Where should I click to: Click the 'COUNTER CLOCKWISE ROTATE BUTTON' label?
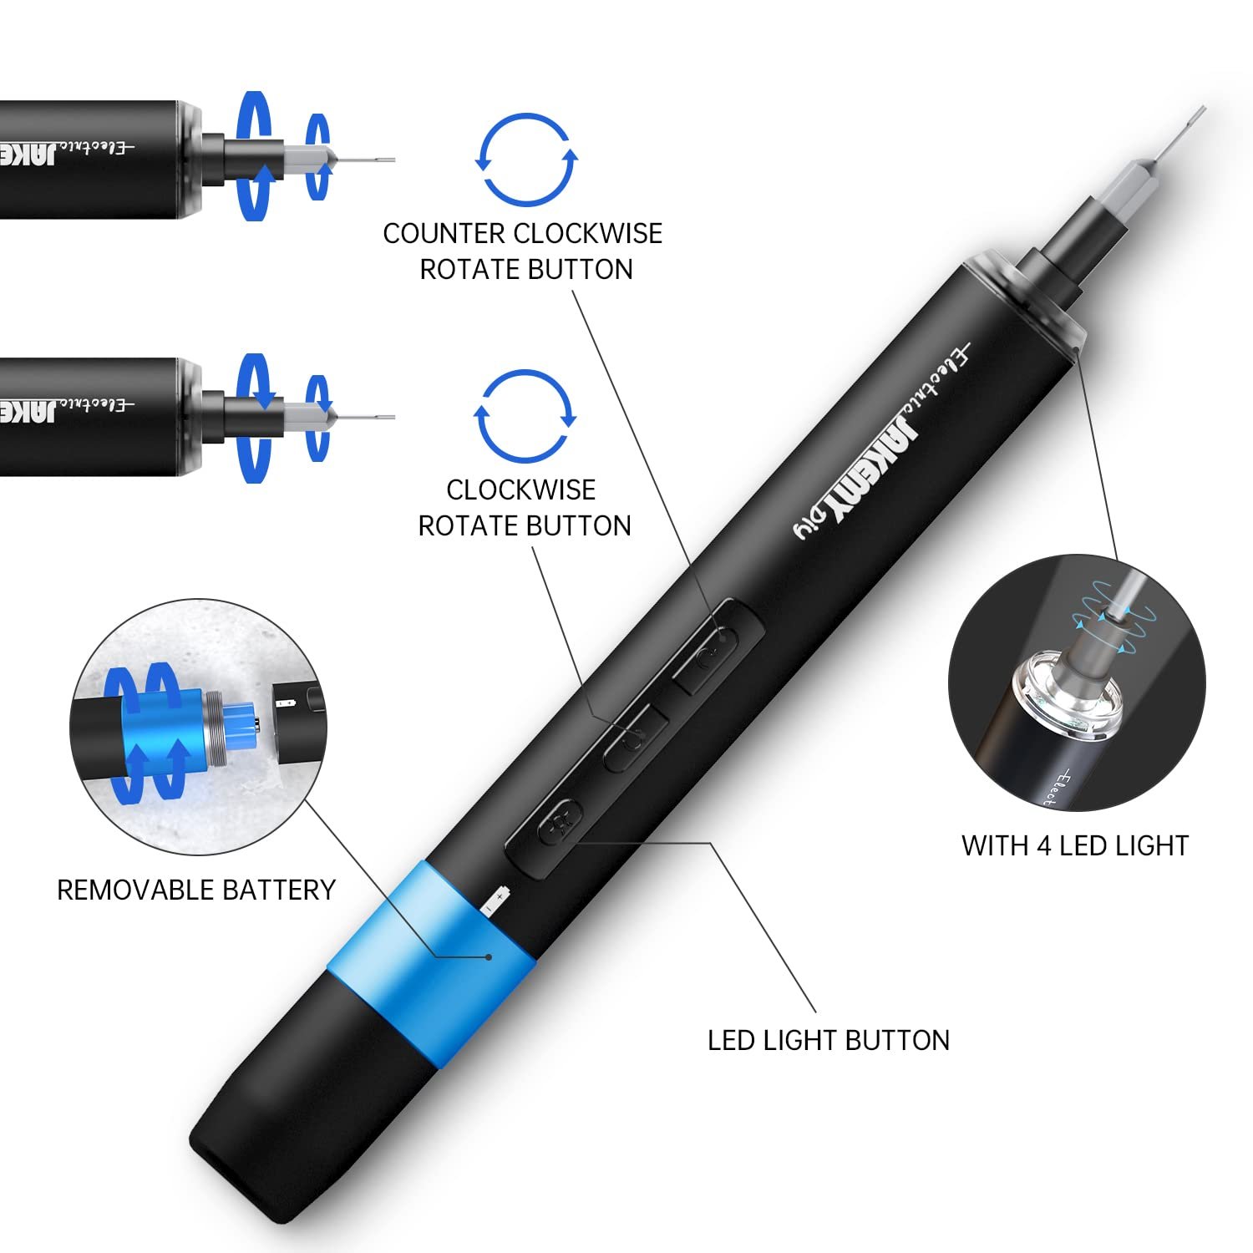(x=523, y=251)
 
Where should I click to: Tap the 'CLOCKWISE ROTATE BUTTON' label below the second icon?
(x=524, y=507)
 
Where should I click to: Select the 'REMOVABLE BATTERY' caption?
(x=196, y=890)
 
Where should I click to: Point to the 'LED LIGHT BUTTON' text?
(x=829, y=1040)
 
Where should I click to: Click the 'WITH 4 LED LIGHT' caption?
(x=1075, y=845)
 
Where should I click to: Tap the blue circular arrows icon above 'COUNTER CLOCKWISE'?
(x=526, y=160)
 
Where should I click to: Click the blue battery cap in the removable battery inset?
(x=163, y=726)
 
